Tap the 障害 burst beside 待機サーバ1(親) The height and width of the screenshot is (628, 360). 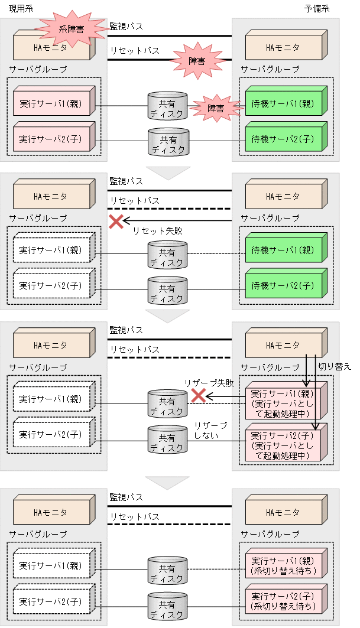(x=216, y=108)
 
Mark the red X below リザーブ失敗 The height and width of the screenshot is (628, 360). (x=199, y=396)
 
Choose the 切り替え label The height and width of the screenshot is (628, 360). (x=335, y=366)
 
